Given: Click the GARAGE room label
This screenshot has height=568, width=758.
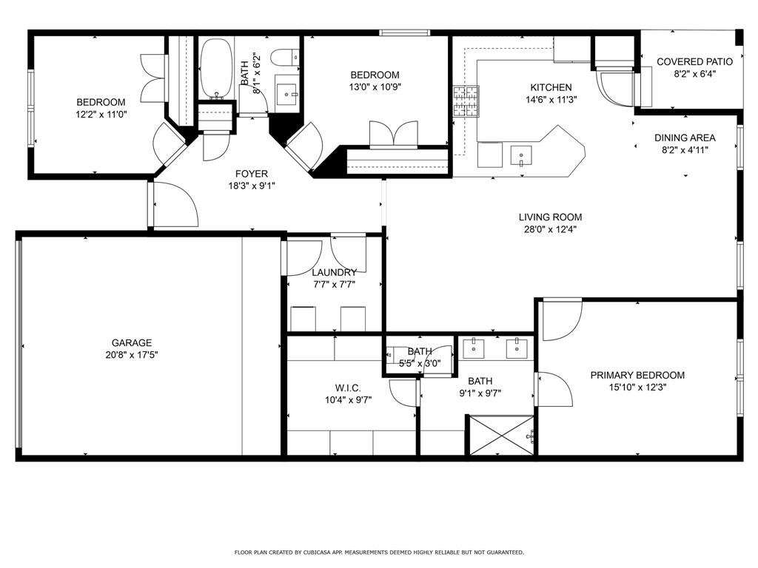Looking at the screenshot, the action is pos(132,343).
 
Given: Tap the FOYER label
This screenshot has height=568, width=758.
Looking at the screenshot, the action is pos(252,174).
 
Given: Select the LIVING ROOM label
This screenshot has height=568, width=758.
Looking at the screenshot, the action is pos(550,217).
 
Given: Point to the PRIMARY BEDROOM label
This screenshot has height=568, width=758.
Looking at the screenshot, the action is pos(637,375).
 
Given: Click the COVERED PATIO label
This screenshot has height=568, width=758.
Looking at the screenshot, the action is pos(694,62).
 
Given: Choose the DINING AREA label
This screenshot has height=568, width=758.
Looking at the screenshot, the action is pos(685,138).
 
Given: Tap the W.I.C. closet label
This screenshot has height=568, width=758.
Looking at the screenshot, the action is pos(348,388).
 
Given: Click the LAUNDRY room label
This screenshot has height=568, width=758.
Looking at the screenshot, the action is pos(334,272).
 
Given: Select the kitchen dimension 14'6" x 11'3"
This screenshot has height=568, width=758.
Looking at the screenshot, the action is pos(551,100).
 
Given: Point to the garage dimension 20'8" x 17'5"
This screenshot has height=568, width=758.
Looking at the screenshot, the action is pos(132,356).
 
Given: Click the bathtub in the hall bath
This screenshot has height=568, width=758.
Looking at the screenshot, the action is pos(217,69).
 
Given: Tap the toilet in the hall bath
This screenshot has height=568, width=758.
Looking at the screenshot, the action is pos(285,58).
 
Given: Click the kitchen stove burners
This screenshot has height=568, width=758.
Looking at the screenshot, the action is pos(466,101).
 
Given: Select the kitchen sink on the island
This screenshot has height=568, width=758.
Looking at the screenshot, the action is pos(520,156).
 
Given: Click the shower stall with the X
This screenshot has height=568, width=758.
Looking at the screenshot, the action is pos(502,435).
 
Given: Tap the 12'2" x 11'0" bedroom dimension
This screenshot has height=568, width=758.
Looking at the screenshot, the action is pos(101,115).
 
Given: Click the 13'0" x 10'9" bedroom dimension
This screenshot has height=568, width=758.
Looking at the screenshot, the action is pos(375,87).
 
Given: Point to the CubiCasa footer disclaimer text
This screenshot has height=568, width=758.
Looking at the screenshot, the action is pos(379,552).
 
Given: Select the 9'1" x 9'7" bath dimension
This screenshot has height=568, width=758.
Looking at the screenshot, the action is pos(480,393).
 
